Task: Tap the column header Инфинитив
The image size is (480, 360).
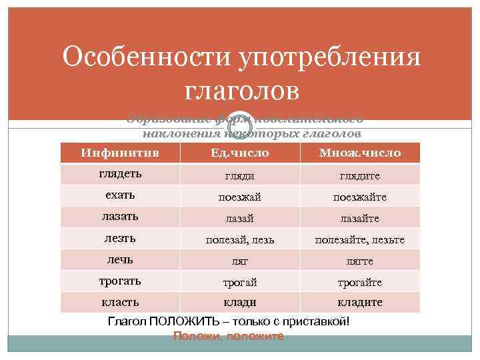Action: [x=120, y=153]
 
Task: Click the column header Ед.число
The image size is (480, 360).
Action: [x=239, y=153]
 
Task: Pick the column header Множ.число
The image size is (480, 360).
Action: [x=360, y=153]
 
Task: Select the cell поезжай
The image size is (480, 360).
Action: [x=239, y=197]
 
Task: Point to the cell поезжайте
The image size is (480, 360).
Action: [x=360, y=197]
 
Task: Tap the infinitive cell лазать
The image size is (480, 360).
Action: [x=120, y=216]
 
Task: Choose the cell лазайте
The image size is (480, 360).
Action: [x=360, y=219]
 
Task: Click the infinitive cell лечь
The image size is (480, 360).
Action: [x=120, y=259]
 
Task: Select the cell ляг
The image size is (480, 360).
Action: [x=239, y=261]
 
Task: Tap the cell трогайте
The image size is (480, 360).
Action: [x=360, y=283]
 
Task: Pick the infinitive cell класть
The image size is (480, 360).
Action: [x=120, y=301]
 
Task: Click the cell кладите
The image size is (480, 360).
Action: [x=360, y=302]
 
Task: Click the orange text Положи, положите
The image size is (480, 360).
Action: [x=228, y=336]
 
